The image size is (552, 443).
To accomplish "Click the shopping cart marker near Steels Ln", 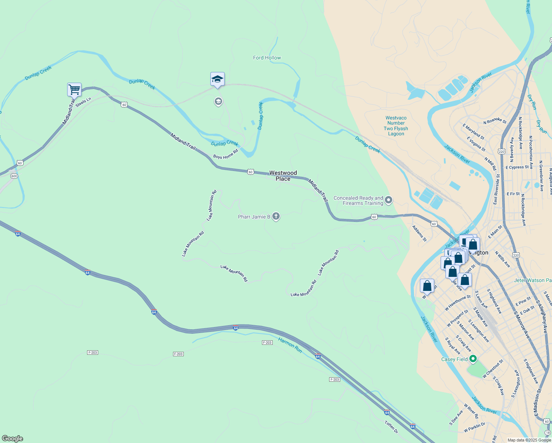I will click(x=74, y=89).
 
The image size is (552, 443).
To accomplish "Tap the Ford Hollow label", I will click(x=267, y=58).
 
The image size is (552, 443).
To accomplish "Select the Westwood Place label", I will click(x=283, y=176).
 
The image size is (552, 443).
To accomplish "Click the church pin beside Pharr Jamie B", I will click(x=276, y=216).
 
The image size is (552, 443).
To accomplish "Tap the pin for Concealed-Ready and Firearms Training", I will click(x=389, y=200).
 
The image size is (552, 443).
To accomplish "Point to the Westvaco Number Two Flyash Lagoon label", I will click(x=396, y=126).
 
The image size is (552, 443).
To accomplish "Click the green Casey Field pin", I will click(x=473, y=359).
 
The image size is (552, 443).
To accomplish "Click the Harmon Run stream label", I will click(x=290, y=345).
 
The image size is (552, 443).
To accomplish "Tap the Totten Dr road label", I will click(x=391, y=427).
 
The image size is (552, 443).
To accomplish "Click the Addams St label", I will click(x=419, y=233).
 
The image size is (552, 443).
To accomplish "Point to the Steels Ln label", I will click(x=83, y=102).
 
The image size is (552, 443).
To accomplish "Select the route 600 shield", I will click(x=14, y=176).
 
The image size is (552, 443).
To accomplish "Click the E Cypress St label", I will click(x=517, y=167).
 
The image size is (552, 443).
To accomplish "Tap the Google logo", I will click(x=13, y=439).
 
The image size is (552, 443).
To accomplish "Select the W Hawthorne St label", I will click(x=458, y=303).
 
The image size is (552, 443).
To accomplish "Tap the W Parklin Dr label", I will click(x=475, y=427).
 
